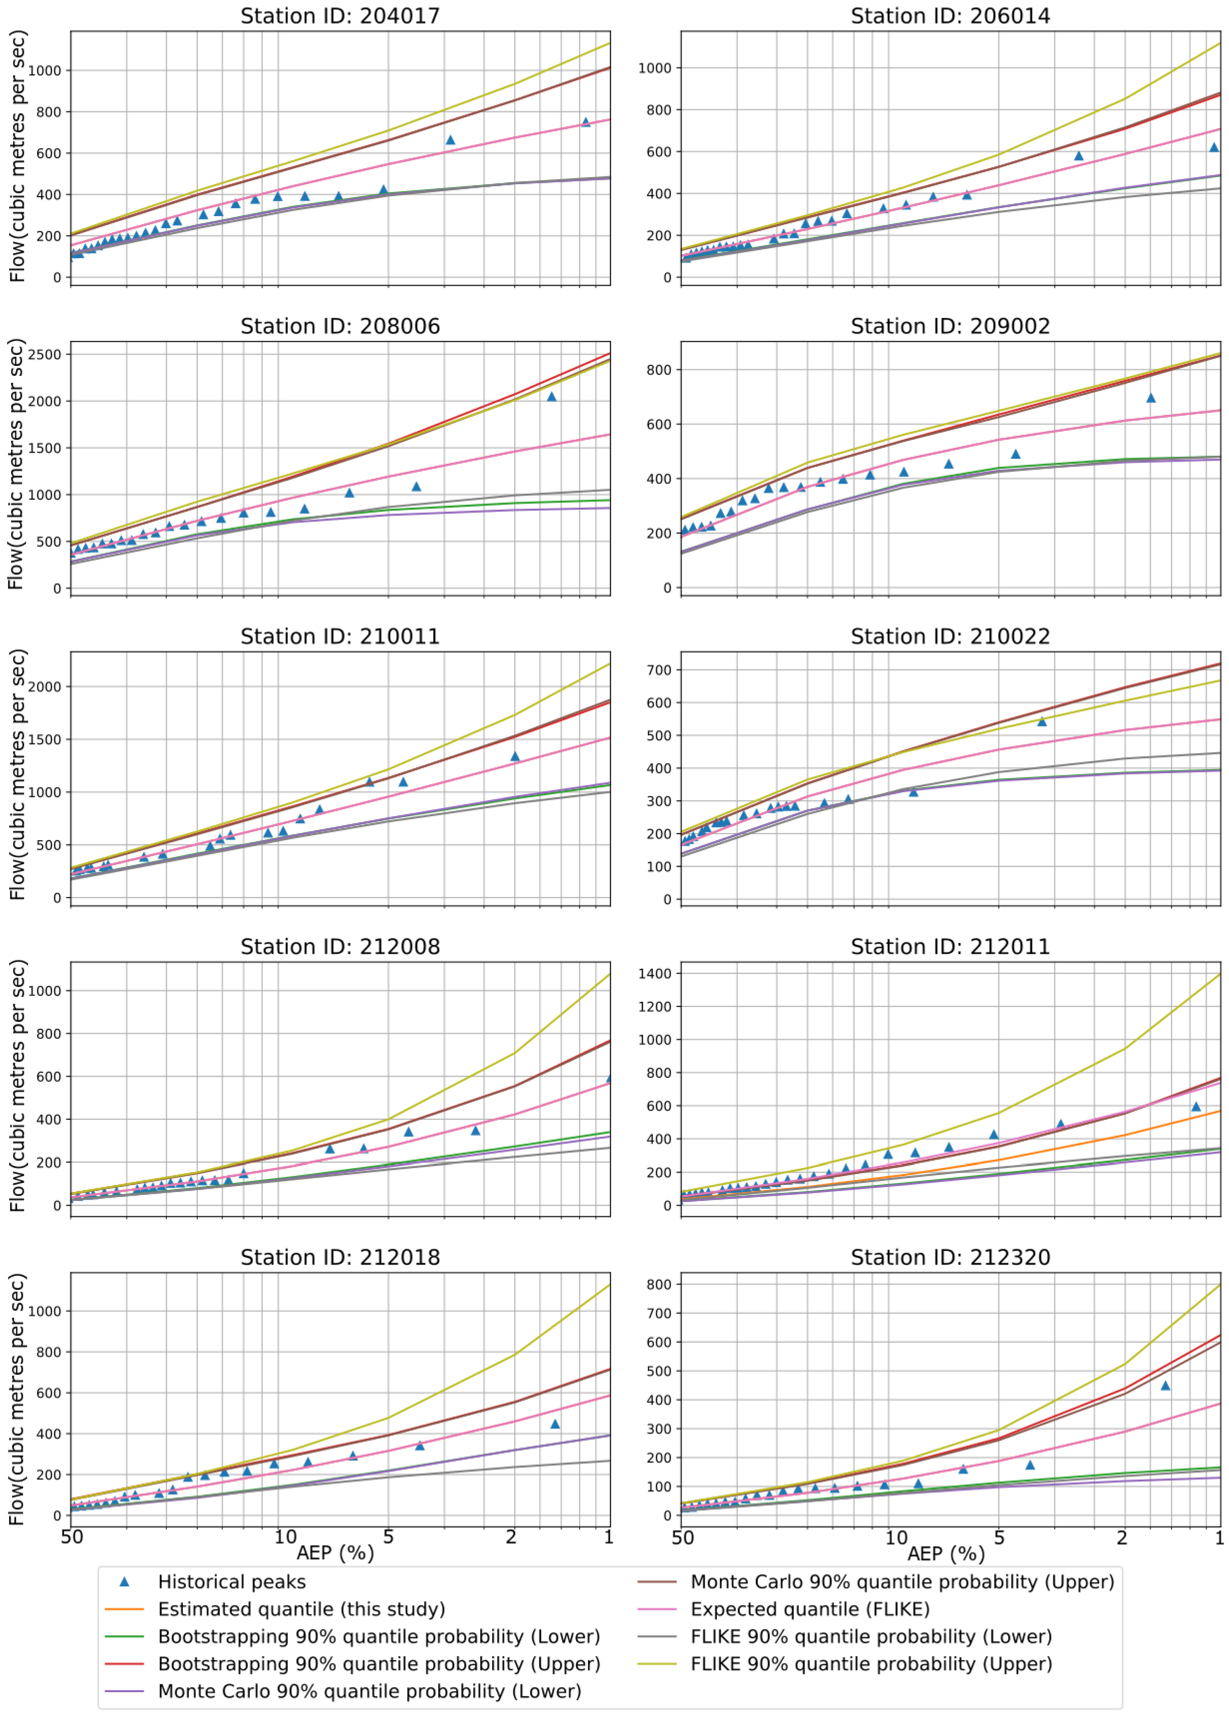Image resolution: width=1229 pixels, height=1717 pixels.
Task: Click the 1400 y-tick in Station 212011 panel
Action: (655, 974)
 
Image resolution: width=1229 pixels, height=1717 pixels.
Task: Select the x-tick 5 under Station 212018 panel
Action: (388, 1537)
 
